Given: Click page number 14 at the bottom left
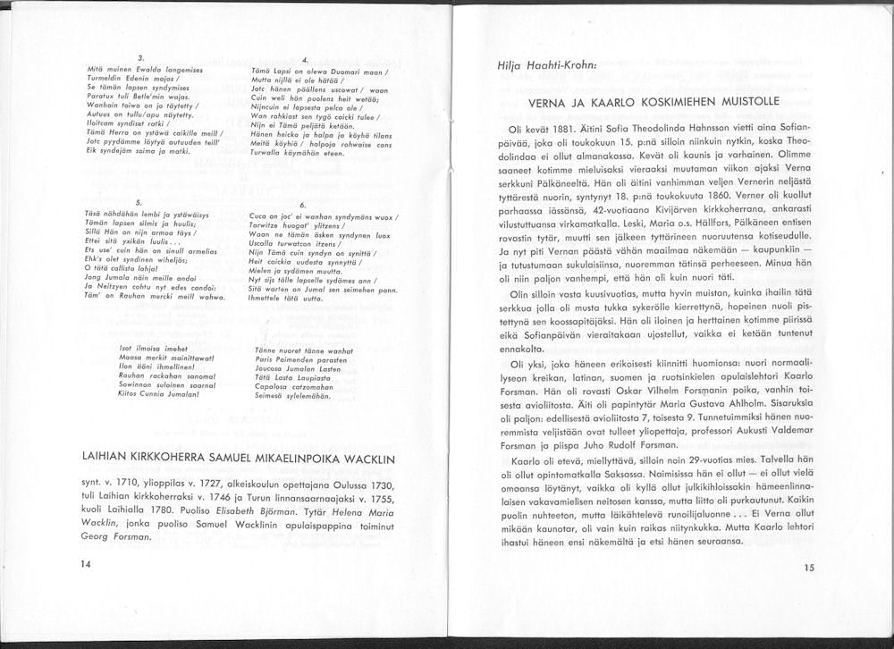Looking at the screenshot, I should coord(85,563).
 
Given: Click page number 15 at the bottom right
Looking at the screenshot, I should coord(809,567).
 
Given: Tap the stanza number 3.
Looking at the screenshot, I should coord(140,58).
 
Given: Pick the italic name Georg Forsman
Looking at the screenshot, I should coord(110,540).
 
